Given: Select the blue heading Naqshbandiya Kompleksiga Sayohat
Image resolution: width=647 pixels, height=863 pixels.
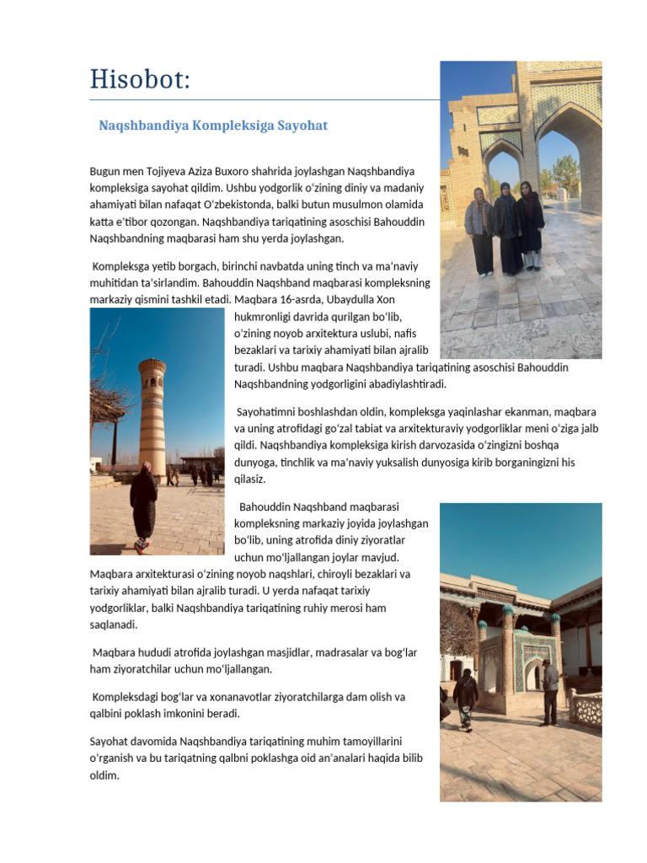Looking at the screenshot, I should pyautogui.click(x=213, y=126).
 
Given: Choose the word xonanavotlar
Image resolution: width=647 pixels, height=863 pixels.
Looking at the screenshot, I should pyautogui.click(x=213, y=697).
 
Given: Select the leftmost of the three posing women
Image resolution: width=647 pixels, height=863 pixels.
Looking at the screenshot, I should pyautogui.click(x=479, y=229).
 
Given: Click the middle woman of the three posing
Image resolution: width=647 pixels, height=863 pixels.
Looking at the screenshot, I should pyautogui.click(x=506, y=228).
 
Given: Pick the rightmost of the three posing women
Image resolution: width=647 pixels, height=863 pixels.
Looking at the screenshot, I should pyautogui.click(x=531, y=226).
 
